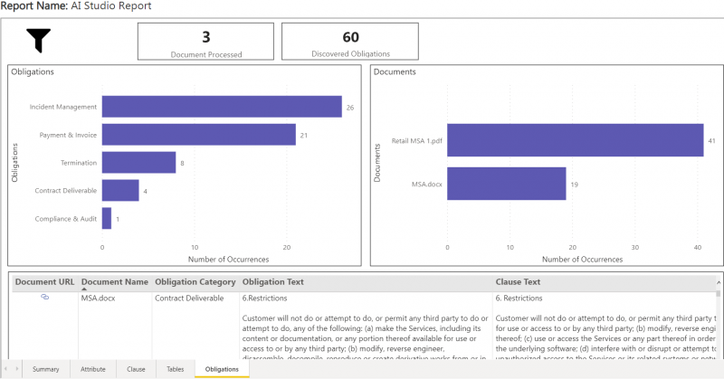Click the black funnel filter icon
click(x=39, y=40)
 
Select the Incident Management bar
click(x=221, y=107)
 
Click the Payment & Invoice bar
click(x=198, y=135)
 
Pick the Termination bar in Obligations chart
click(x=138, y=162)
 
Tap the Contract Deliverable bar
click(x=120, y=190)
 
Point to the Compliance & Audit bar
click(x=107, y=218)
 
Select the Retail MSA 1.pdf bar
click(x=575, y=140)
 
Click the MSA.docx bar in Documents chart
click(x=506, y=185)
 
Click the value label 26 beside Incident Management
click(x=349, y=108)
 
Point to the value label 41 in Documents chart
click(x=712, y=141)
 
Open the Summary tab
click(x=45, y=369)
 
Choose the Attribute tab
click(x=93, y=369)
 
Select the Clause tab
click(x=136, y=369)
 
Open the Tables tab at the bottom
click(x=175, y=369)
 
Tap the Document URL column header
click(x=44, y=281)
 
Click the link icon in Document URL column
click(x=44, y=297)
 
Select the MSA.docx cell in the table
click(x=98, y=297)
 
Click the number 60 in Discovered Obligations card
click(x=350, y=37)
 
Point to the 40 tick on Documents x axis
click(x=697, y=247)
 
